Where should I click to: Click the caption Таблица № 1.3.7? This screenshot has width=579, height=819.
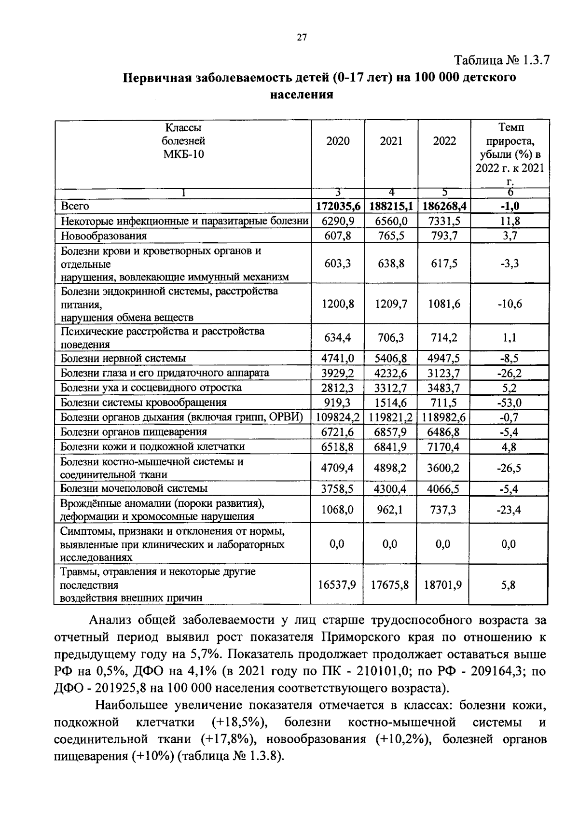click(501, 61)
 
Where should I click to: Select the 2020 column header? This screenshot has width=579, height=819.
click(338, 141)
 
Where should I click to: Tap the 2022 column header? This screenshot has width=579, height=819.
click(444, 141)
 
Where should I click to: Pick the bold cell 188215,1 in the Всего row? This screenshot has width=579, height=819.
click(391, 207)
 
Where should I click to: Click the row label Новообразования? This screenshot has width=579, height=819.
click(104, 236)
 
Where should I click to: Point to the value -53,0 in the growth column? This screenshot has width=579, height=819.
click(510, 403)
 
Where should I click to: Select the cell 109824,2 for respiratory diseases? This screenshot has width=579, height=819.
click(338, 417)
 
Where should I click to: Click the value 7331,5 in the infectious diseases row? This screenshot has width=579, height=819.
click(444, 222)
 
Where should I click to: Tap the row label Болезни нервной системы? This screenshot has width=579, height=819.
click(123, 359)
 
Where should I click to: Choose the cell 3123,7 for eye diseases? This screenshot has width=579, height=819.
click(444, 373)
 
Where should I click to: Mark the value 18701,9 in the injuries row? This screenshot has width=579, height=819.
click(443, 585)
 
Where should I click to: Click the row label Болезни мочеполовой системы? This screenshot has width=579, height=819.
click(134, 488)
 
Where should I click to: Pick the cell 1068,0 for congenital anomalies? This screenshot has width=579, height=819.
click(337, 510)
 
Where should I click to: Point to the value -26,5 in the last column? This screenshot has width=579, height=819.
click(510, 468)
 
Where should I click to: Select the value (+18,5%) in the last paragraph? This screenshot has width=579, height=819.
click(240, 722)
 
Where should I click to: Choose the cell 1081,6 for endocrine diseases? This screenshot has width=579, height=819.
click(444, 304)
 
